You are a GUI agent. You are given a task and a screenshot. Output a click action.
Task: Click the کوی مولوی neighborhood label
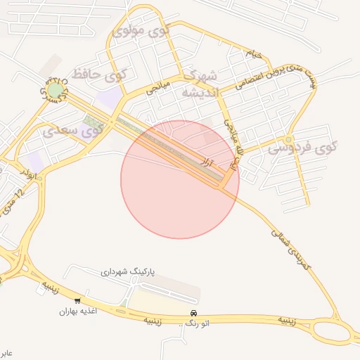[141, 32]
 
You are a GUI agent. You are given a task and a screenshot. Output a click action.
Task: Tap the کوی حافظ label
[103, 73]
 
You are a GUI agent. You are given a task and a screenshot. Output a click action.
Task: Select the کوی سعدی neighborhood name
[73, 130]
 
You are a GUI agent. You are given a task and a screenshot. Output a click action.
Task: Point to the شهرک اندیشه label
[201, 83]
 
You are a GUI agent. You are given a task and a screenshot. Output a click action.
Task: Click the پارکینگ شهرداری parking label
[127, 271]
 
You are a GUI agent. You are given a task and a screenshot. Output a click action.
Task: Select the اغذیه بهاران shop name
[77, 310]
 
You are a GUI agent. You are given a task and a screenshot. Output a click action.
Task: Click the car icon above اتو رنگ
[193, 313]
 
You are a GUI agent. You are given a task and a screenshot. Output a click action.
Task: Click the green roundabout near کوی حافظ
[54, 90]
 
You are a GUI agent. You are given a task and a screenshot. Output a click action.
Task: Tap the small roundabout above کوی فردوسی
[289, 139]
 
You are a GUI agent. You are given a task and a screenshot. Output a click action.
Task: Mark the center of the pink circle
[180, 179]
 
